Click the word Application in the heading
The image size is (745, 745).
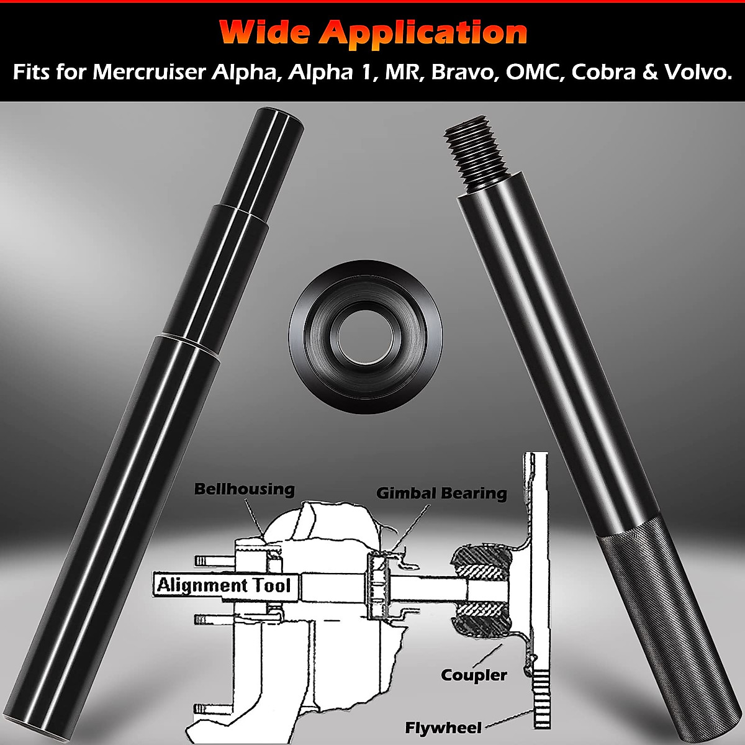coord(423,32)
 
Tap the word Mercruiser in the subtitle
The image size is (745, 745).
coord(149,72)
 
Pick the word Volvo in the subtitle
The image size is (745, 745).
coord(697,72)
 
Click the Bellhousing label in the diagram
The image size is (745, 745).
coord(245,489)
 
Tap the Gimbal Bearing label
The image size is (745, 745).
coord(441,493)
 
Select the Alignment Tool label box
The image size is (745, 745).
coord(223,585)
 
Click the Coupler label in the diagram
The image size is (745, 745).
coord(474,675)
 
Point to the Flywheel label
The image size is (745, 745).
coord(443,727)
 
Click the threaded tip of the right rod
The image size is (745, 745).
coord(477,155)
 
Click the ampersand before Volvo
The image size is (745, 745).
coord(650,72)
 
